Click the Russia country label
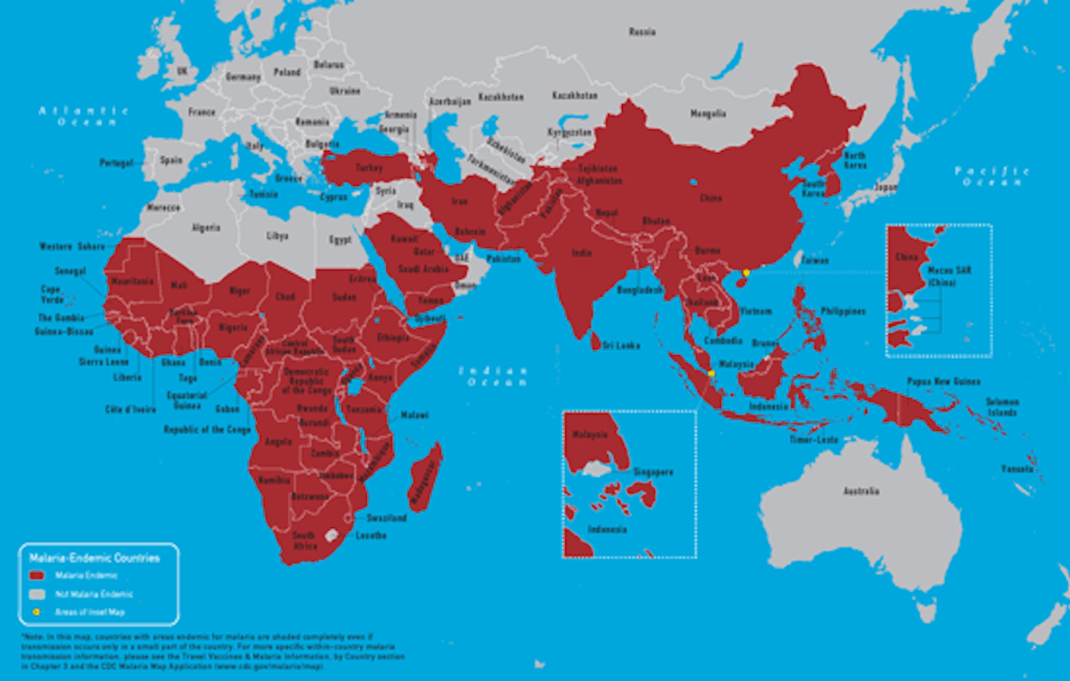click(x=642, y=31)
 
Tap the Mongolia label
click(x=708, y=113)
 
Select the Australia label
click(x=861, y=491)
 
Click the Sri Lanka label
click(x=621, y=345)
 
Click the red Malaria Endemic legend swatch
click(x=37, y=575)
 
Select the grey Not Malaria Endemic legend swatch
click(x=37, y=594)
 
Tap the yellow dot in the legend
click(x=36, y=611)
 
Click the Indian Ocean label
click(x=493, y=376)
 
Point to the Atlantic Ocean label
click(x=84, y=116)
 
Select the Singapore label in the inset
click(x=653, y=472)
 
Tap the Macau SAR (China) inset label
click(x=949, y=276)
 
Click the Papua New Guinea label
click(x=943, y=382)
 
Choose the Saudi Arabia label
click(x=423, y=269)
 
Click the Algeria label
click(x=206, y=228)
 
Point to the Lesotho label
click(x=371, y=535)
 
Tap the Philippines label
click(x=843, y=311)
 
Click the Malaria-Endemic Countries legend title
click(x=95, y=557)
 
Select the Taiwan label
click(x=814, y=260)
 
